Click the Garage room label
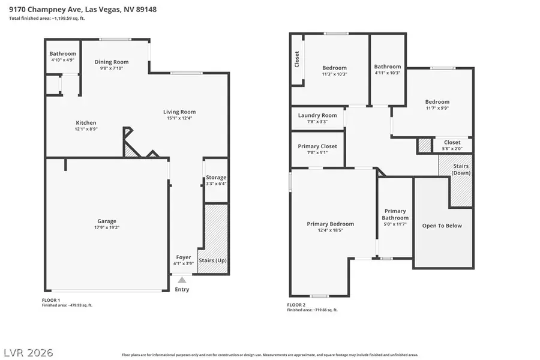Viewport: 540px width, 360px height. click(107, 221)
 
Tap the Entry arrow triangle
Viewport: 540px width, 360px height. click(182, 280)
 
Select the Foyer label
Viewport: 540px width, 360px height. click(183, 257)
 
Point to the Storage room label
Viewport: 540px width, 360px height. click(216, 178)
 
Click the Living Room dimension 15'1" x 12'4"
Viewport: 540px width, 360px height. click(180, 118)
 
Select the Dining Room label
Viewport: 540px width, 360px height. click(112, 62)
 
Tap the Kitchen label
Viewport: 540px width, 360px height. click(86, 122)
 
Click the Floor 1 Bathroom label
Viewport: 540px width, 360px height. click(63, 54)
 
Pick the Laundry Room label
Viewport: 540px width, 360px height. click(317, 115)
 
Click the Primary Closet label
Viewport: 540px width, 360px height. click(317, 146)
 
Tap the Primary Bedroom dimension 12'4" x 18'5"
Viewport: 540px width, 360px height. click(330, 230)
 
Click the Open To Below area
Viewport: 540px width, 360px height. click(442, 226)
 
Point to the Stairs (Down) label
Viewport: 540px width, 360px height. click(461, 169)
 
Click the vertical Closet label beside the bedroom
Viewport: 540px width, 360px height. click(296, 59)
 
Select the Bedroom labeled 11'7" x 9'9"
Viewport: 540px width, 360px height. click(437, 102)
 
